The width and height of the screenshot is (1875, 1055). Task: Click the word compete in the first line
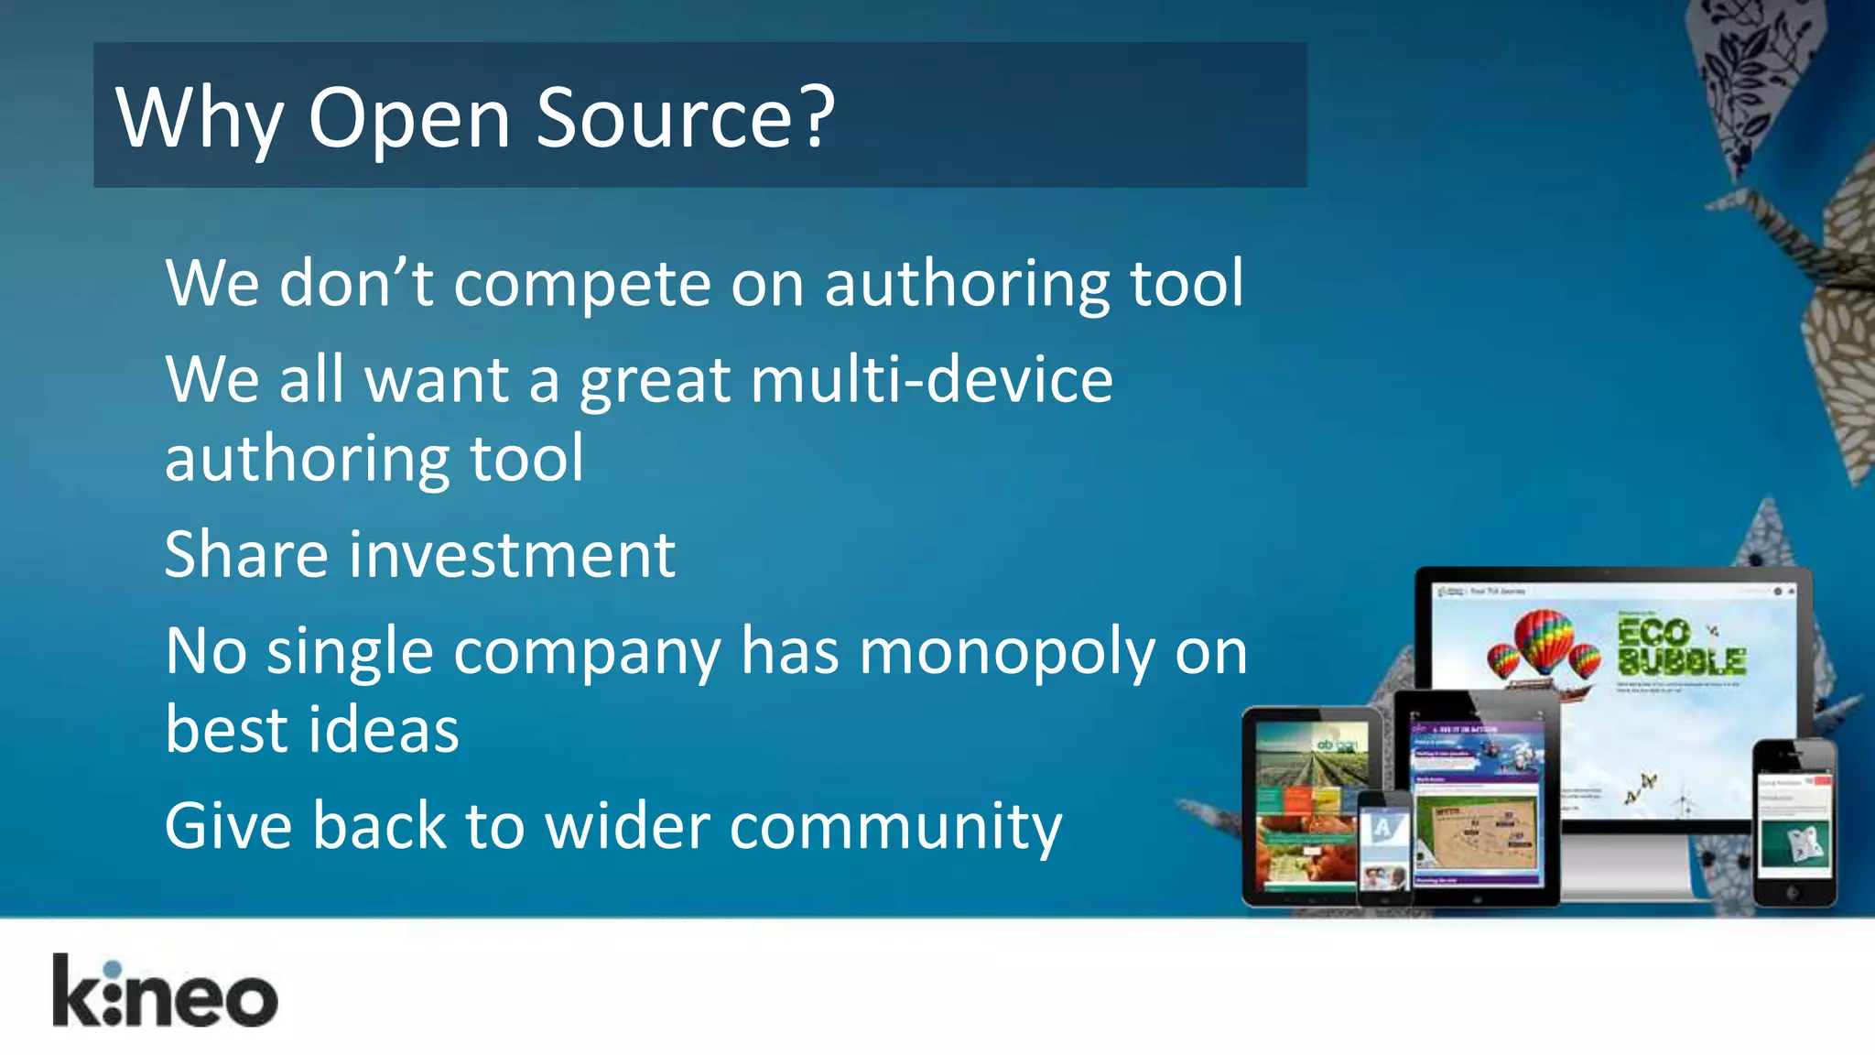click(581, 284)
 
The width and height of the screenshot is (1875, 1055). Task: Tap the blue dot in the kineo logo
click(113, 970)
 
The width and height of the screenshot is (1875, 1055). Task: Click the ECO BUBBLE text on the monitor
click(1680, 647)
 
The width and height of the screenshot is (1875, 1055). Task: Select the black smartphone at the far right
click(1794, 821)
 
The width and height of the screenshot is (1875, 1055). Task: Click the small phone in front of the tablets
click(1384, 847)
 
